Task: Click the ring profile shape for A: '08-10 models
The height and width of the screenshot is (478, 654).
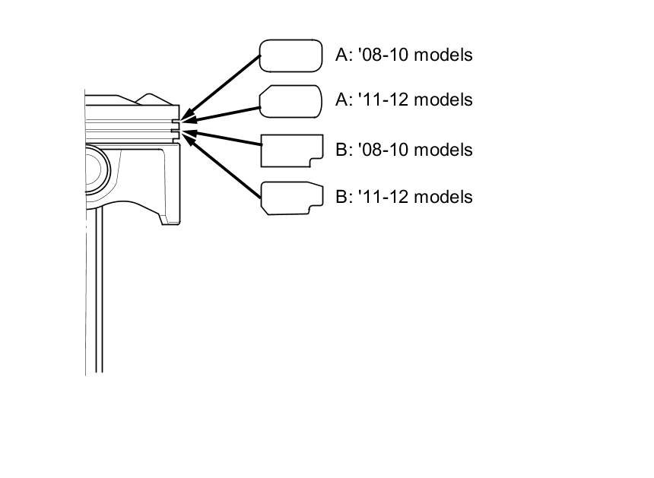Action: pos(291,55)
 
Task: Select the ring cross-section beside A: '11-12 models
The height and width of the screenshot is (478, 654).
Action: pos(291,101)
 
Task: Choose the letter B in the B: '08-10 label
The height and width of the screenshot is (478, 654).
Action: pos(340,150)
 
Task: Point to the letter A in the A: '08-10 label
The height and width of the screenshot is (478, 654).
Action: pos(340,55)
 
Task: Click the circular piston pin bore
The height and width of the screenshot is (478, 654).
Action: pos(95,176)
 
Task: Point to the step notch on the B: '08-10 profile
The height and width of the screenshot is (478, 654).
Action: pos(313,160)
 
